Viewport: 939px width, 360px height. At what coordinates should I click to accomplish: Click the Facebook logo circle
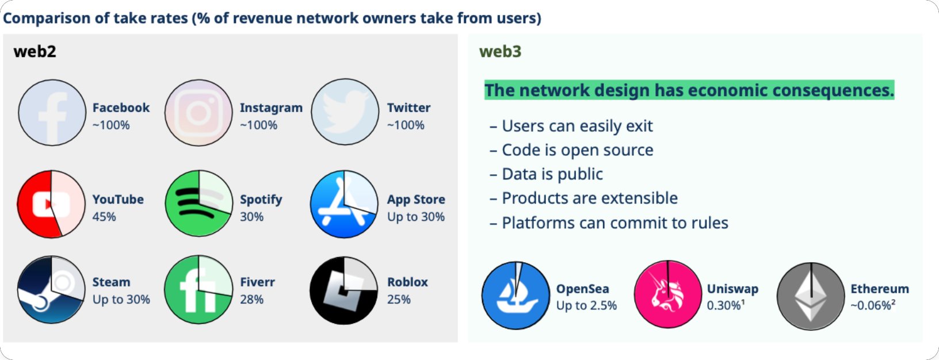pos(52,113)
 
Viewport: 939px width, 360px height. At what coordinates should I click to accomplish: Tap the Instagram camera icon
pos(199,113)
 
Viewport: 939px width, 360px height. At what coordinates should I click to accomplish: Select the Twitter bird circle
pos(345,112)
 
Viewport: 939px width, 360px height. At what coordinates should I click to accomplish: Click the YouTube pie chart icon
pos(51,204)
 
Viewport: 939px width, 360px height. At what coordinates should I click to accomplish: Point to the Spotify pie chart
pos(199,204)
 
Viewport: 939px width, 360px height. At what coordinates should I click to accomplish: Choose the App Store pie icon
pos(344,204)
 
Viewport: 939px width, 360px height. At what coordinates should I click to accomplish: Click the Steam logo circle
pos(51,289)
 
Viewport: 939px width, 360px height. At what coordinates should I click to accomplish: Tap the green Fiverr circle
pos(199,290)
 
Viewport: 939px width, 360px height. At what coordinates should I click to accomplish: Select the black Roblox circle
pos(344,290)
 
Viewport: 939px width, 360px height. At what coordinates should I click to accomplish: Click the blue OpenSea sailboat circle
pos(516,296)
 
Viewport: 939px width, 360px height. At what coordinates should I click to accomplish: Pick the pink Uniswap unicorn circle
pos(668,294)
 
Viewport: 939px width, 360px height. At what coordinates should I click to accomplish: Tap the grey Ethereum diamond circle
pos(811,296)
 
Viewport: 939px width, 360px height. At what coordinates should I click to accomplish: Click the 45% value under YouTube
pos(104,217)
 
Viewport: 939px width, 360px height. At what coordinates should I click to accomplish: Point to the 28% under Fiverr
pos(251,300)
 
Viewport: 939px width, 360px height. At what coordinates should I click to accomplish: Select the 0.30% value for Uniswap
pos(724,305)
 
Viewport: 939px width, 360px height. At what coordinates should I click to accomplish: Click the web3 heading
pos(500,52)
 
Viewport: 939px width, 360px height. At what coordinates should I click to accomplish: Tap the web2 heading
pos(35,52)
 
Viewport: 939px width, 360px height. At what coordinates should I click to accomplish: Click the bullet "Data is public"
pos(552,174)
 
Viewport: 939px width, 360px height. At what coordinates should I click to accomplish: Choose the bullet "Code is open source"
pos(577,150)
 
